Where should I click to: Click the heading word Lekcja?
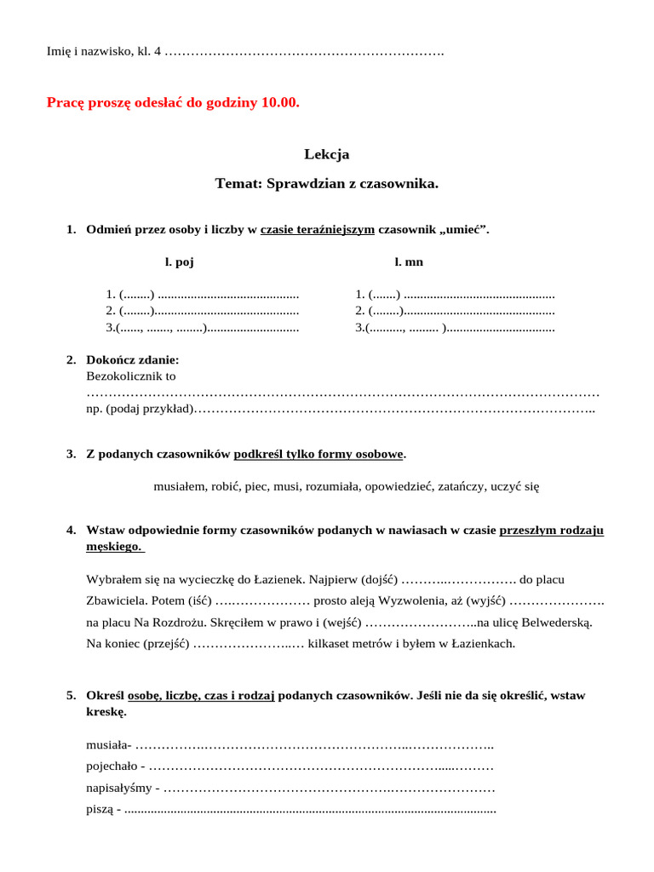326,154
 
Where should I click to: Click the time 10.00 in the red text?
280,102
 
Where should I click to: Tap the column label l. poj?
179,261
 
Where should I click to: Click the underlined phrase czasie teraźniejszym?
318,229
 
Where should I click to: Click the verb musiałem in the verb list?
180,486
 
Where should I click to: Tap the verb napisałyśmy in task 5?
120,788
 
